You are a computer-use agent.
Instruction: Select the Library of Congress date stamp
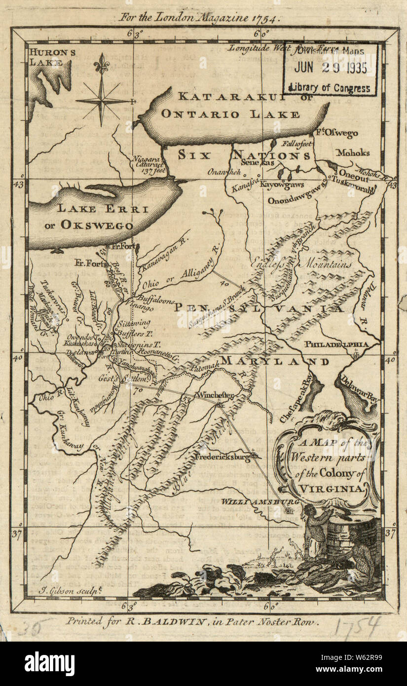point(331,69)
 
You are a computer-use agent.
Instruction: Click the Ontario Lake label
point(230,114)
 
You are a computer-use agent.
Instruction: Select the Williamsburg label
point(254,501)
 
